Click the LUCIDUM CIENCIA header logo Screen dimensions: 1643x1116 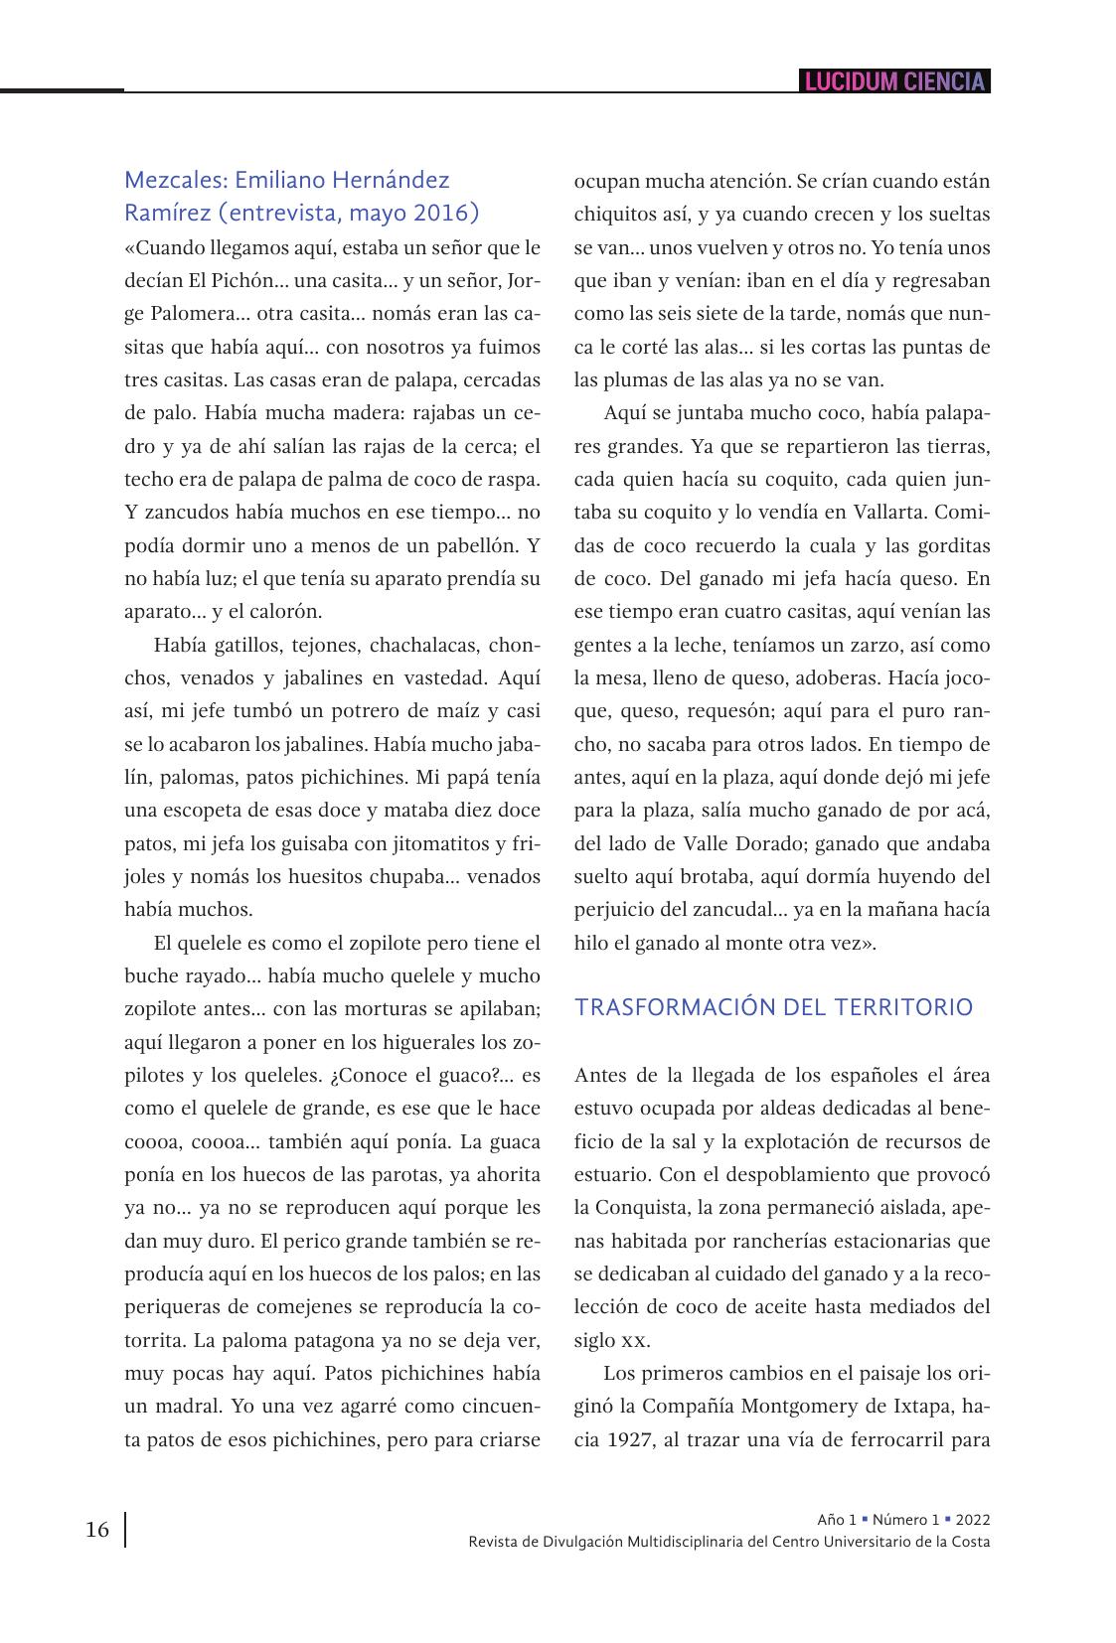point(894,81)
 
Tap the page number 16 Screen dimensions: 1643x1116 point(97,1530)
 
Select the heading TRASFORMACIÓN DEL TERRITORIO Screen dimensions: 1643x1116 point(774,1007)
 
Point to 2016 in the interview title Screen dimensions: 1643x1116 point(441,213)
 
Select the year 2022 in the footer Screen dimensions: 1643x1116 point(973,1520)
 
